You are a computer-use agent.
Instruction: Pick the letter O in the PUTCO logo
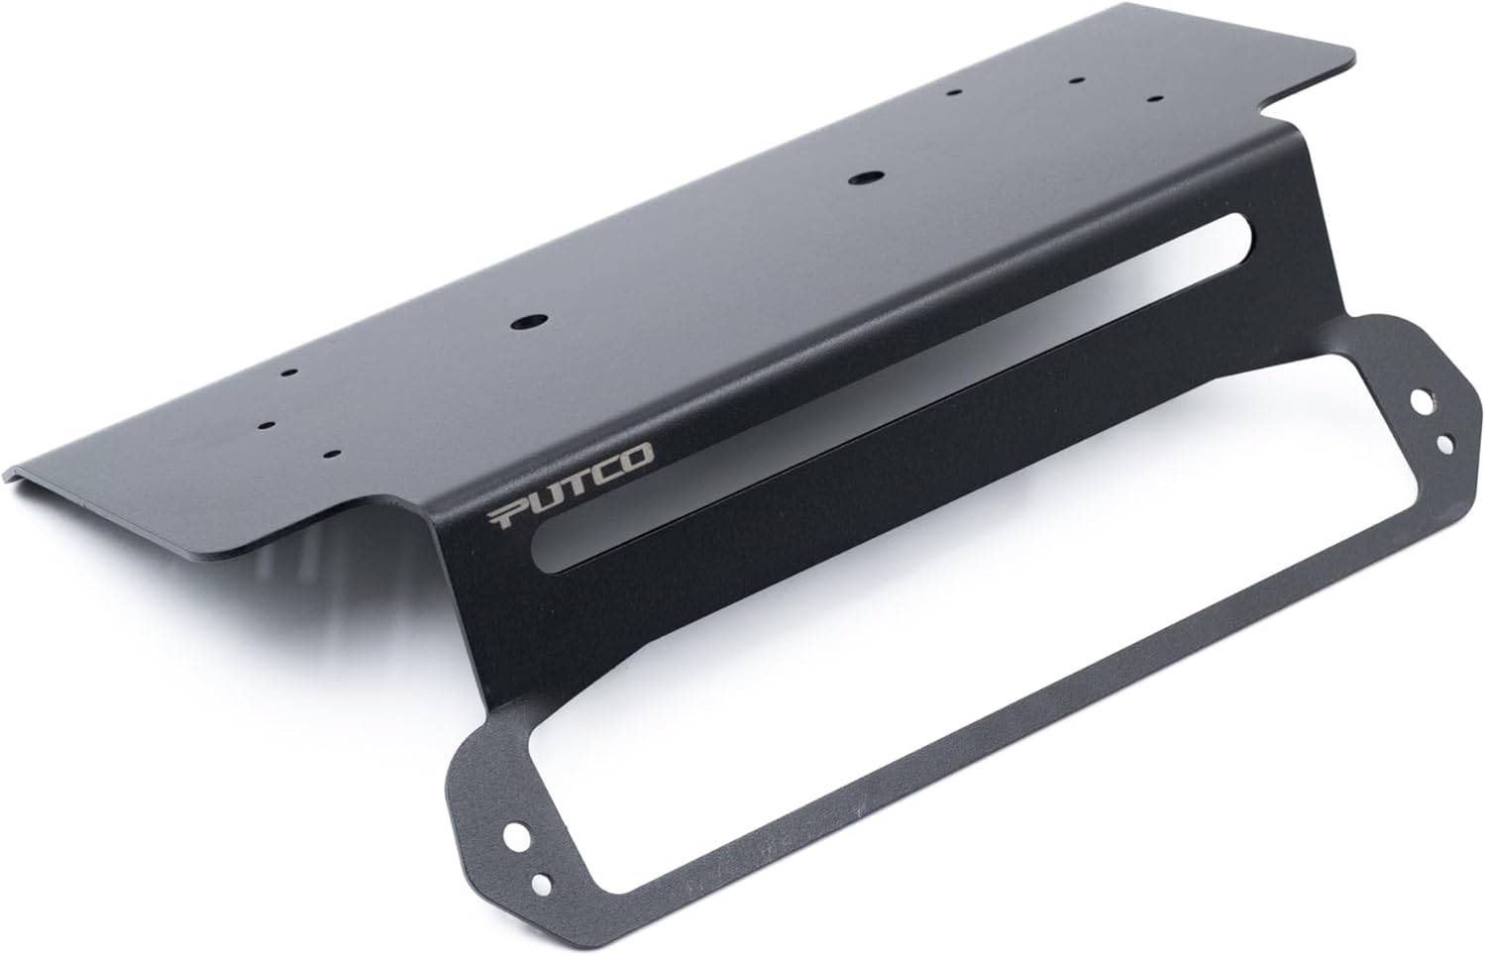coord(639,458)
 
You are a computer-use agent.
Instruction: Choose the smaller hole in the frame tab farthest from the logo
coord(1445,442)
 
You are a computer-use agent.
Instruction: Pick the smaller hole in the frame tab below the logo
coord(541,883)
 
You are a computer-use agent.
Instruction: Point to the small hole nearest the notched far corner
coord(1154,99)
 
